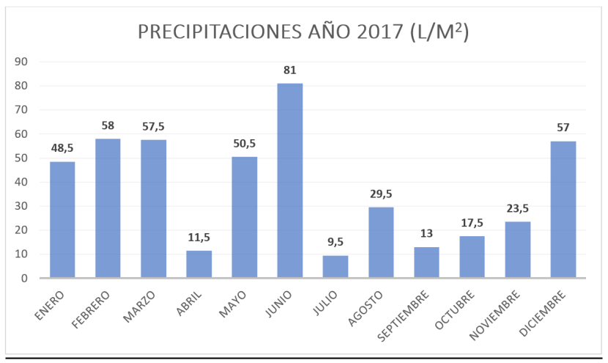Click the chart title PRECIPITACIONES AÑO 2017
click(303, 32)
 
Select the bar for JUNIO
click(289, 180)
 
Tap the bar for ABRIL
click(199, 264)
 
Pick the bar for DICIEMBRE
click(563, 210)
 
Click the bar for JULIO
click(335, 267)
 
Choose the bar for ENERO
click(62, 220)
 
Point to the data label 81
click(290, 70)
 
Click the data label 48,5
click(62, 148)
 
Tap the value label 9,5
click(335, 242)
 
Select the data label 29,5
click(381, 194)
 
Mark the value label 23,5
click(517, 208)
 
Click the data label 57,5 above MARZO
click(153, 126)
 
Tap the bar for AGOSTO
click(381, 243)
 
